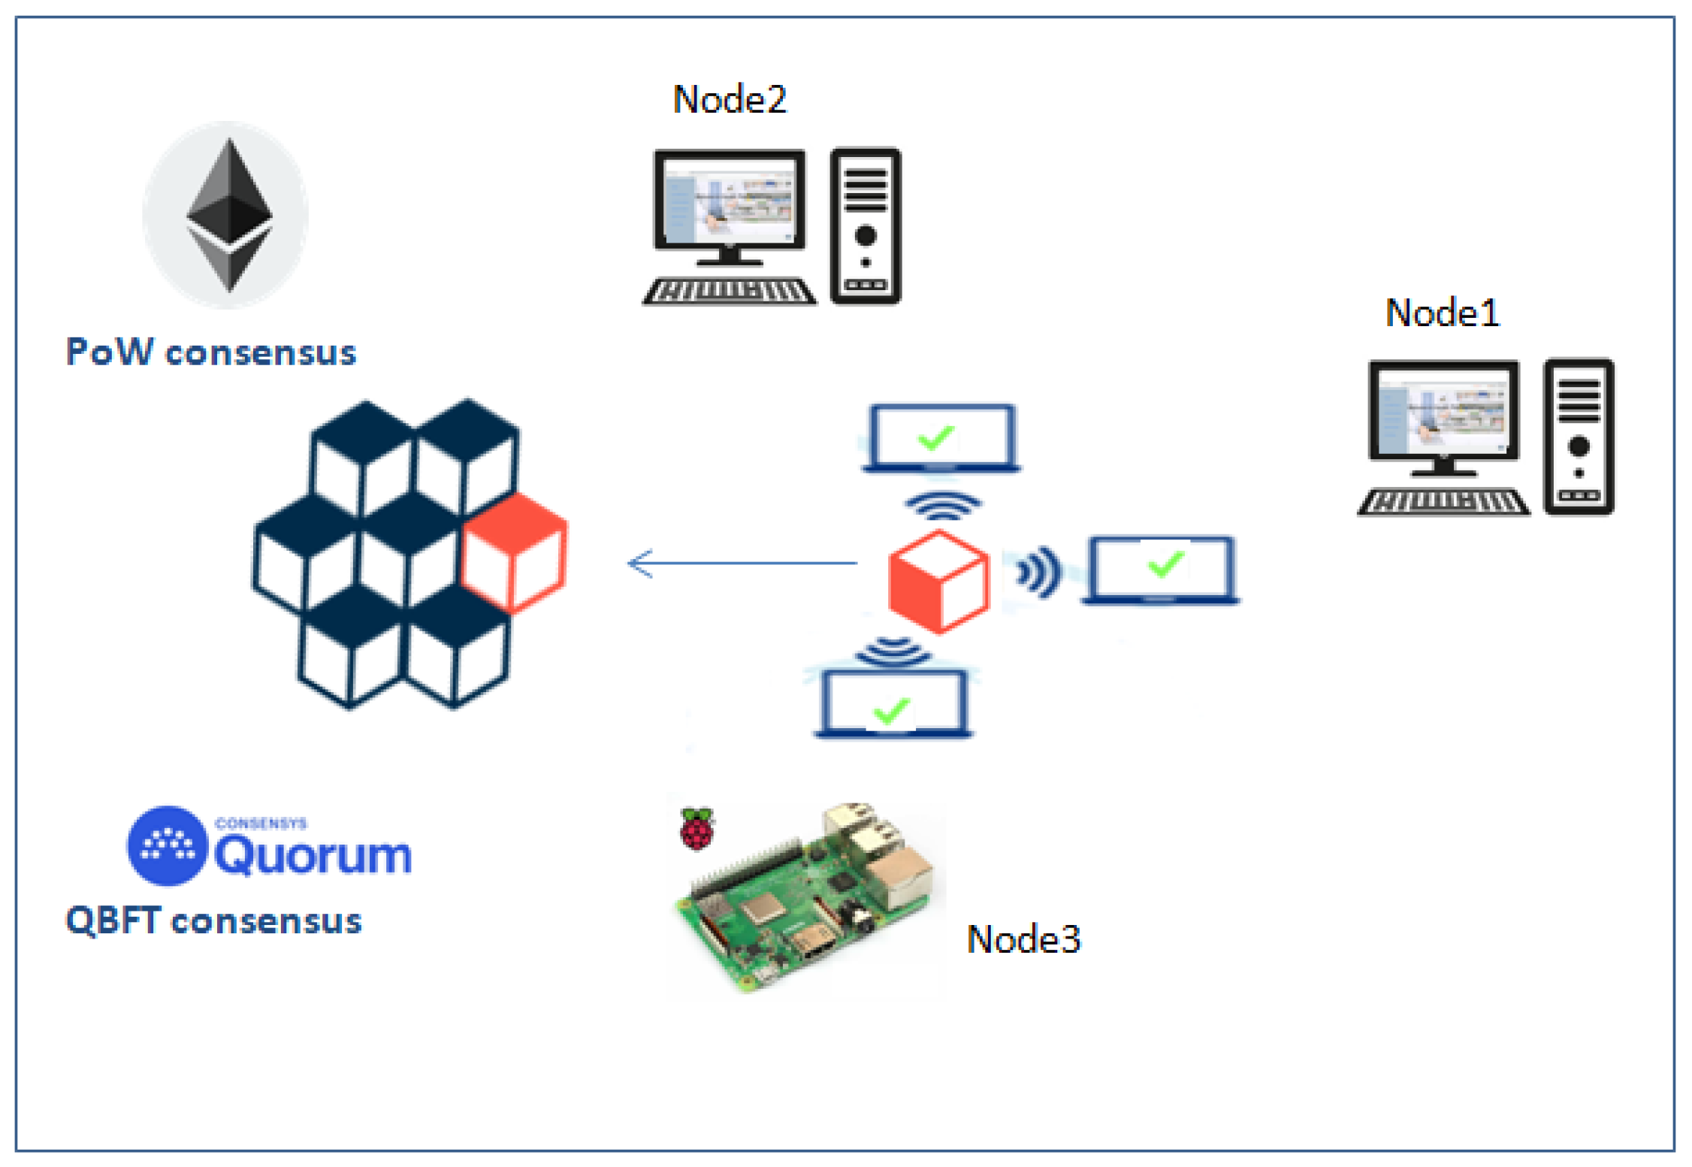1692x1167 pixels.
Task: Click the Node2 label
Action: tap(729, 99)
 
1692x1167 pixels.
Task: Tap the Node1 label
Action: tap(1441, 313)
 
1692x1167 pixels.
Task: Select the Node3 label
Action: tap(1023, 939)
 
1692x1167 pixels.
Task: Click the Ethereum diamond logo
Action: tap(229, 214)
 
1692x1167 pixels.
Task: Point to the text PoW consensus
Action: tap(211, 352)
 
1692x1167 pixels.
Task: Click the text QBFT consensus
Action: tap(214, 921)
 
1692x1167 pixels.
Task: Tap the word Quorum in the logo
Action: tap(313, 855)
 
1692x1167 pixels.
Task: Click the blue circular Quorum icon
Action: tap(167, 845)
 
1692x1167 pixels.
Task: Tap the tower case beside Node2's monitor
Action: tap(866, 225)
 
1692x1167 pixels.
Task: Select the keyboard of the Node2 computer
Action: tap(729, 292)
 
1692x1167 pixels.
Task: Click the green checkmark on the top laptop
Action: tap(936, 437)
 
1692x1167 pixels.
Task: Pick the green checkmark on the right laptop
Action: tap(1166, 564)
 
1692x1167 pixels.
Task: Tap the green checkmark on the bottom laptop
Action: tap(891, 710)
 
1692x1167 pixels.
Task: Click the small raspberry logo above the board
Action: tap(696, 828)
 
